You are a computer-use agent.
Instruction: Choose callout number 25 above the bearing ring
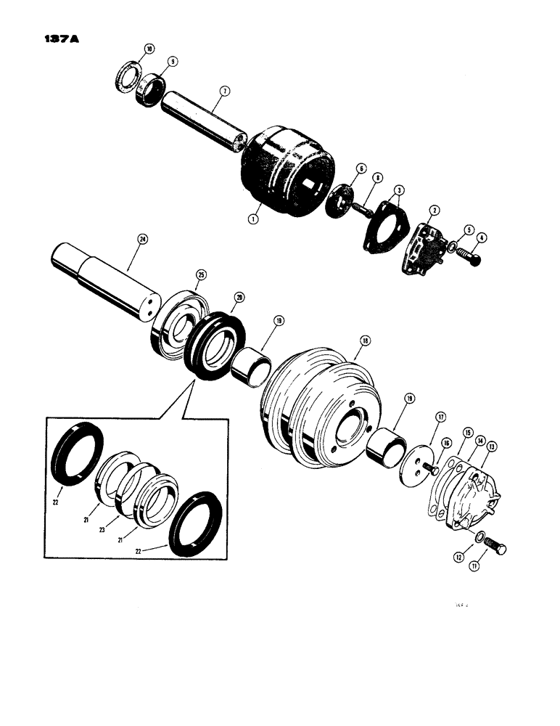(x=200, y=274)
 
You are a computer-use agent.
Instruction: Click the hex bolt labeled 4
(x=471, y=256)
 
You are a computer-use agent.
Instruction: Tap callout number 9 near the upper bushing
(x=173, y=62)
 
